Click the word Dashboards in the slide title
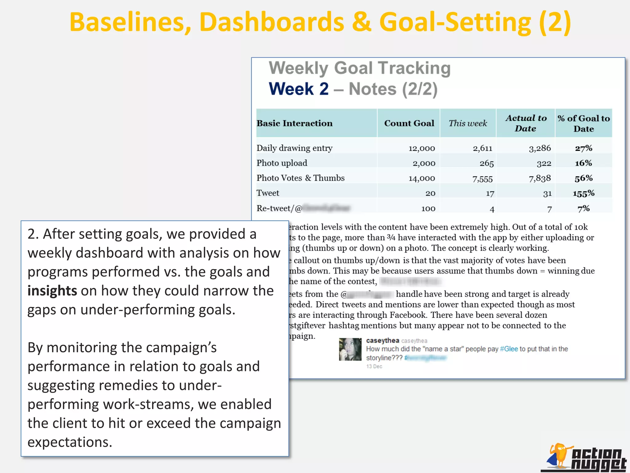(x=272, y=22)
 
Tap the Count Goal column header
(x=409, y=123)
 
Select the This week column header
(x=468, y=123)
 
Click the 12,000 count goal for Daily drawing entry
(x=421, y=148)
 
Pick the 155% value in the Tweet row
(x=583, y=193)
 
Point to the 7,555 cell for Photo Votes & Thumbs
(x=482, y=179)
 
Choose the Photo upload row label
(x=282, y=163)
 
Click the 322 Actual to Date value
(x=544, y=164)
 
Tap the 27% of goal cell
(x=584, y=148)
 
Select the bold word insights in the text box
(x=52, y=291)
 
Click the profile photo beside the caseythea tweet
(x=350, y=349)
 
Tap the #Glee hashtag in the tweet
(x=509, y=349)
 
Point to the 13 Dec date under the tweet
(x=374, y=366)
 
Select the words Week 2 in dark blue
(x=299, y=89)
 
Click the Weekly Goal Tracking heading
(x=360, y=68)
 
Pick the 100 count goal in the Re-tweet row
(x=428, y=209)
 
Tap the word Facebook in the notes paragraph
(x=408, y=315)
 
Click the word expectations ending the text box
(x=70, y=442)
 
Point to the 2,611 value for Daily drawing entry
(x=482, y=148)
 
